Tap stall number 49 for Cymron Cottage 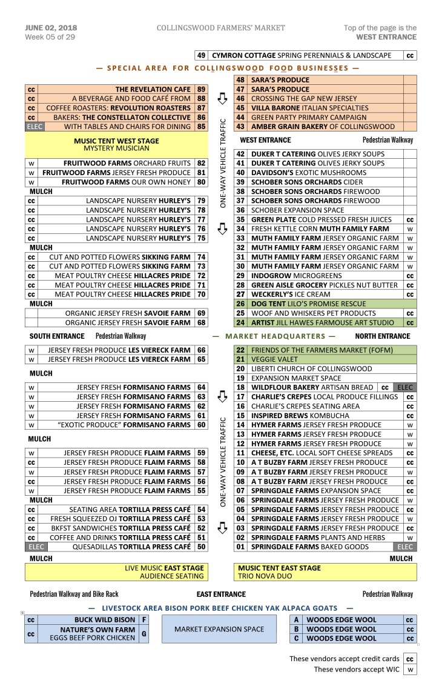point(202,55)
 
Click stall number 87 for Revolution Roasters point(202,108)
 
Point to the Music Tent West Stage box point(116,144)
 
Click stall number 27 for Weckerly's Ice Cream point(240,295)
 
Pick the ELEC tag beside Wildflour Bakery point(404,387)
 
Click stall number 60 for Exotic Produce point(202,425)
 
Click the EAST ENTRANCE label point(221,594)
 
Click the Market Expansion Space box point(219,629)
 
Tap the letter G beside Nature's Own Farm point(143,634)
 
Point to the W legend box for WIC point(410,670)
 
